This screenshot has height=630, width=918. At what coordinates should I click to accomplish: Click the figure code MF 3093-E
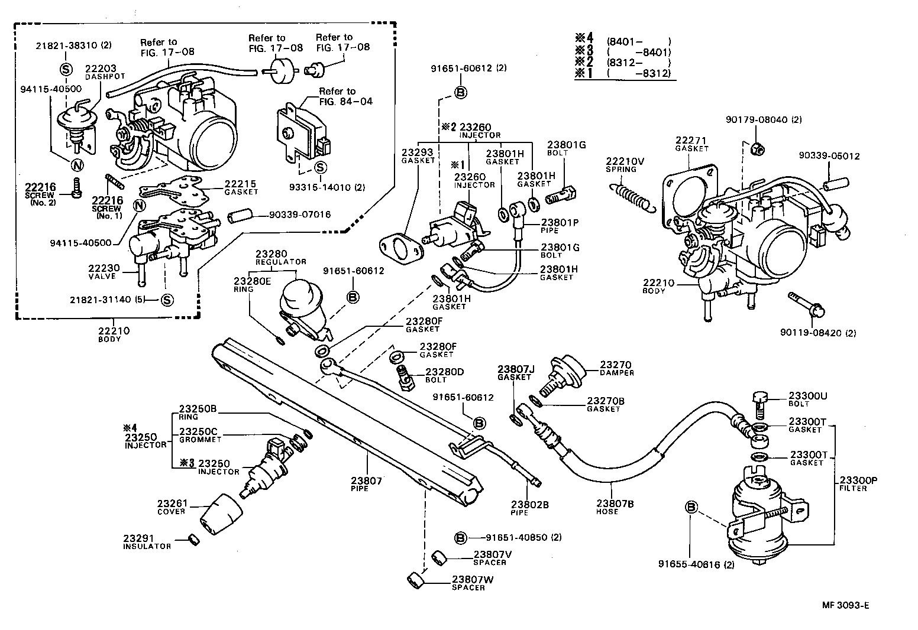[845, 605]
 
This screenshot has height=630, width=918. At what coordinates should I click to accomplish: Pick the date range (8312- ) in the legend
[639, 63]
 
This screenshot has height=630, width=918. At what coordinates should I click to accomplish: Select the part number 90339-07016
[299, 215]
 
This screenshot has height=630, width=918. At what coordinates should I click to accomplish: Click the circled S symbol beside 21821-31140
[167, 300]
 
